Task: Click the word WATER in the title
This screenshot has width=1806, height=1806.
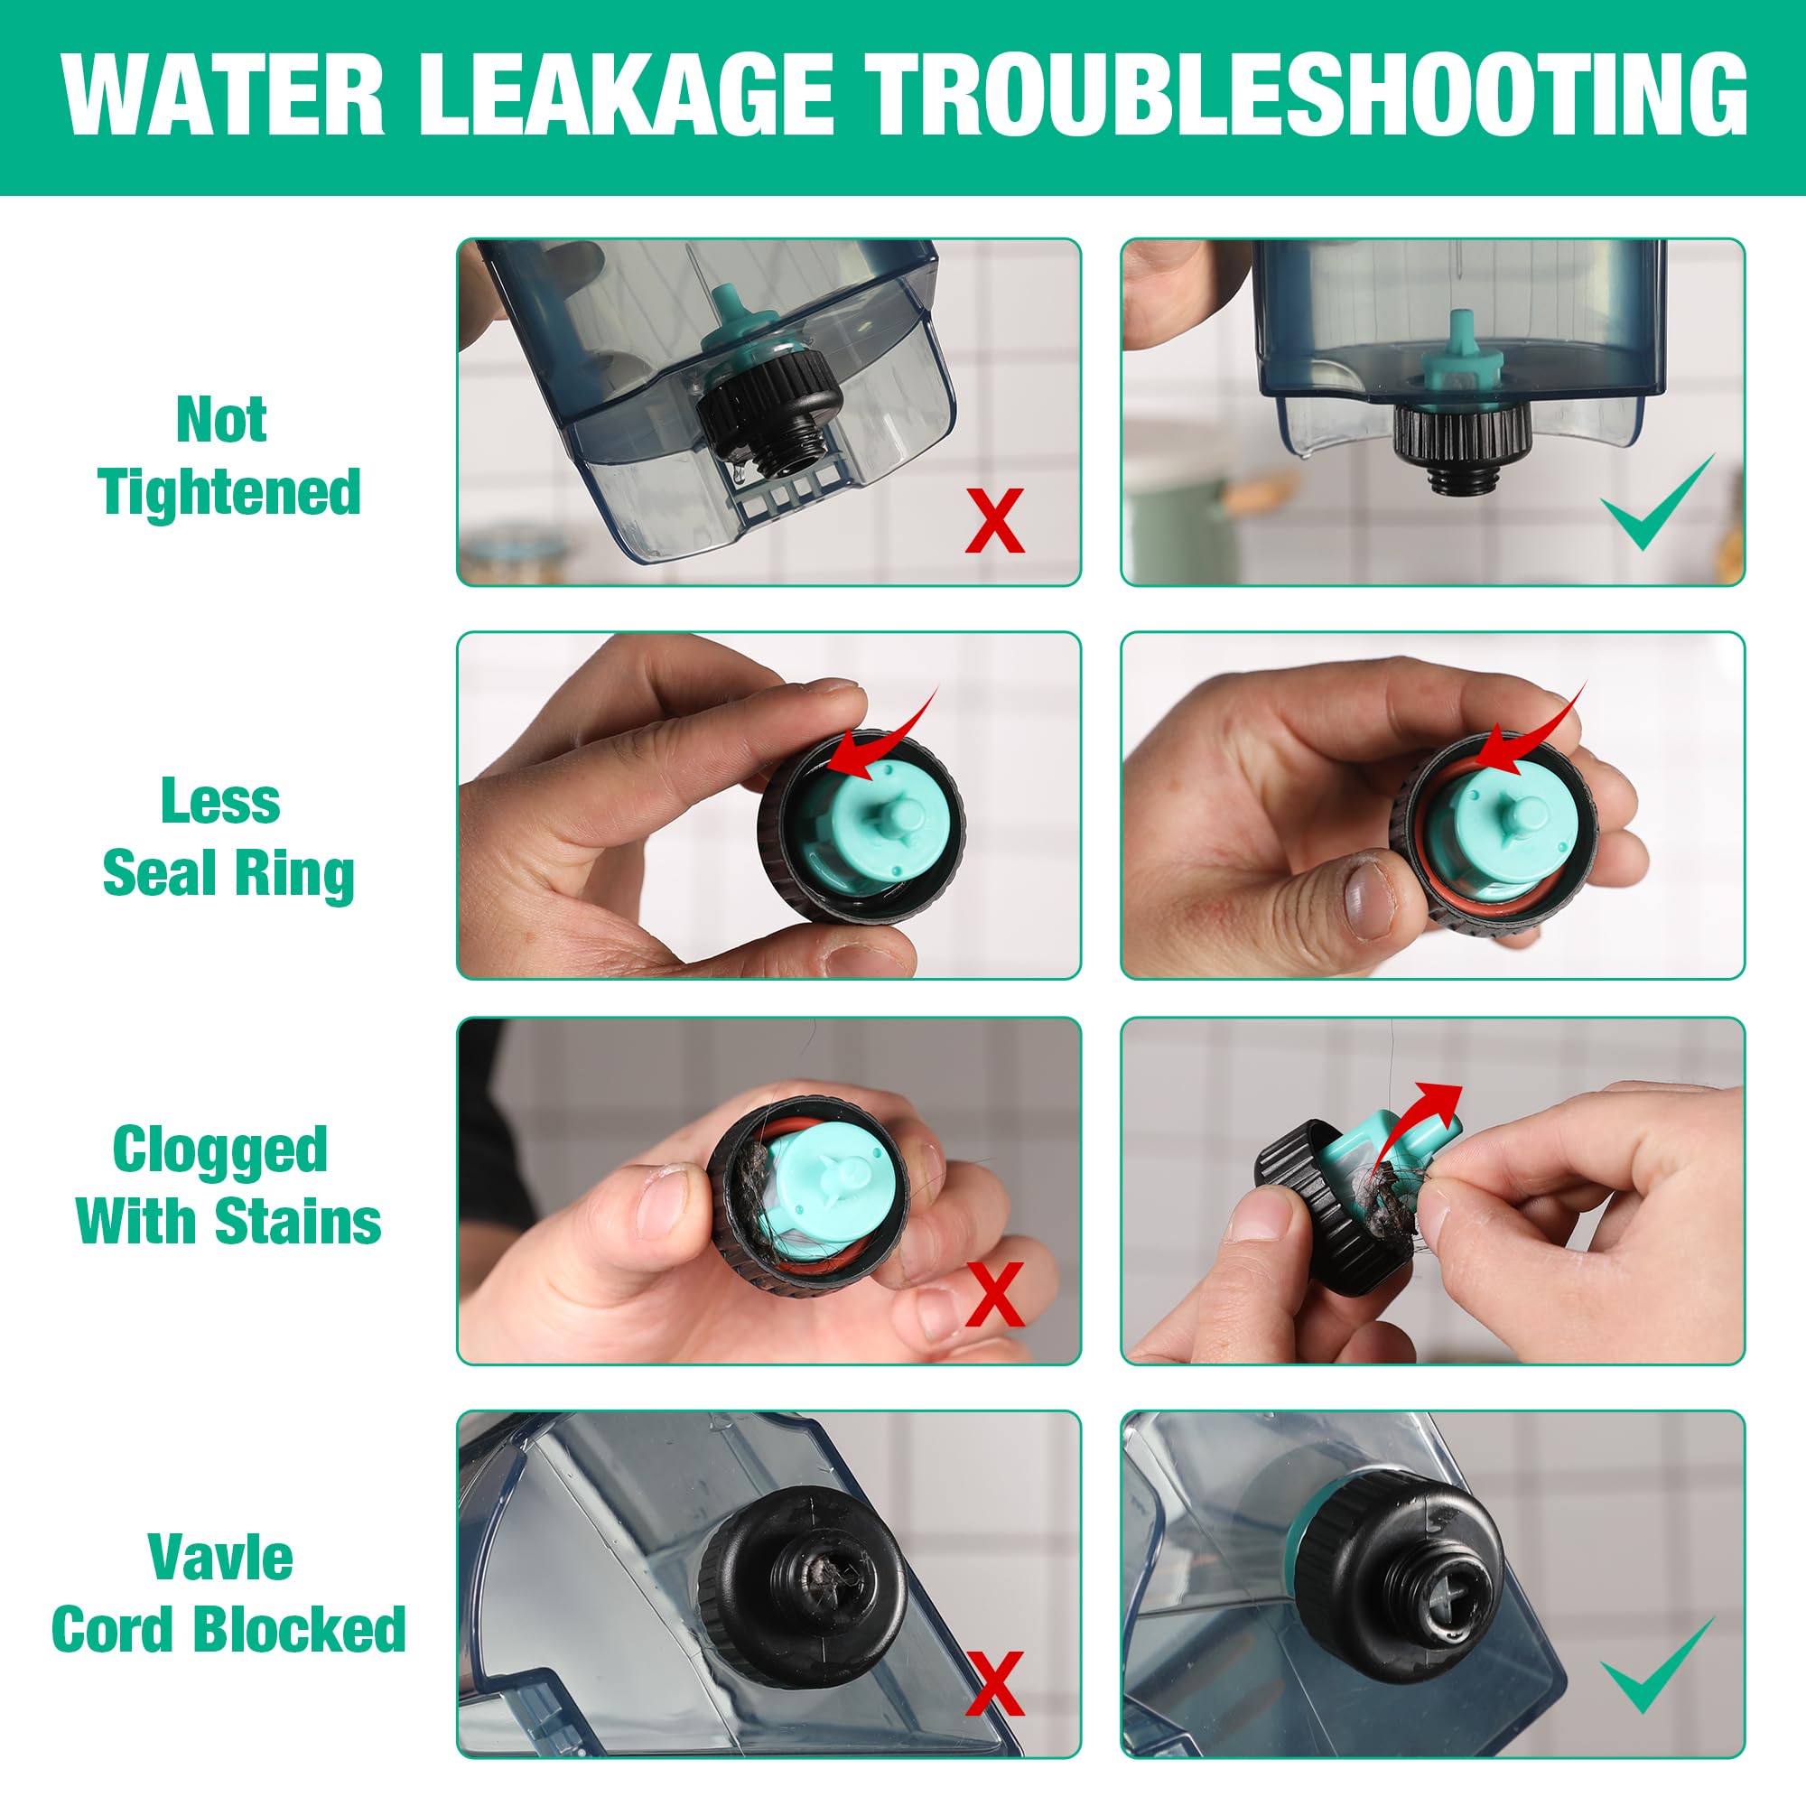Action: (x=222, y=96)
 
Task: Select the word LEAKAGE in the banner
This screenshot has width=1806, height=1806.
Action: (x=626, y=96)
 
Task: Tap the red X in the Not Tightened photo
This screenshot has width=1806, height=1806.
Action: (x=994, y=520)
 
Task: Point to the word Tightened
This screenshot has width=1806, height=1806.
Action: (x=229, y=493)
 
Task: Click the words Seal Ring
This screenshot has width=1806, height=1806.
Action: (x=229, y=874)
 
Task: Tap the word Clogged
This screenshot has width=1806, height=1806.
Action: (x=220, y=1151)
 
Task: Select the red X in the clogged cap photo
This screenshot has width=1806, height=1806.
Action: (x=994, y=1294)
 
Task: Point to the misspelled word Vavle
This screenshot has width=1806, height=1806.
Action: (x=220, y=1559)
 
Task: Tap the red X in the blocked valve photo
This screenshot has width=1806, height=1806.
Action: (x=994, y=1681)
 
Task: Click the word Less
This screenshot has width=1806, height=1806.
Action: (x=220, y=801)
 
